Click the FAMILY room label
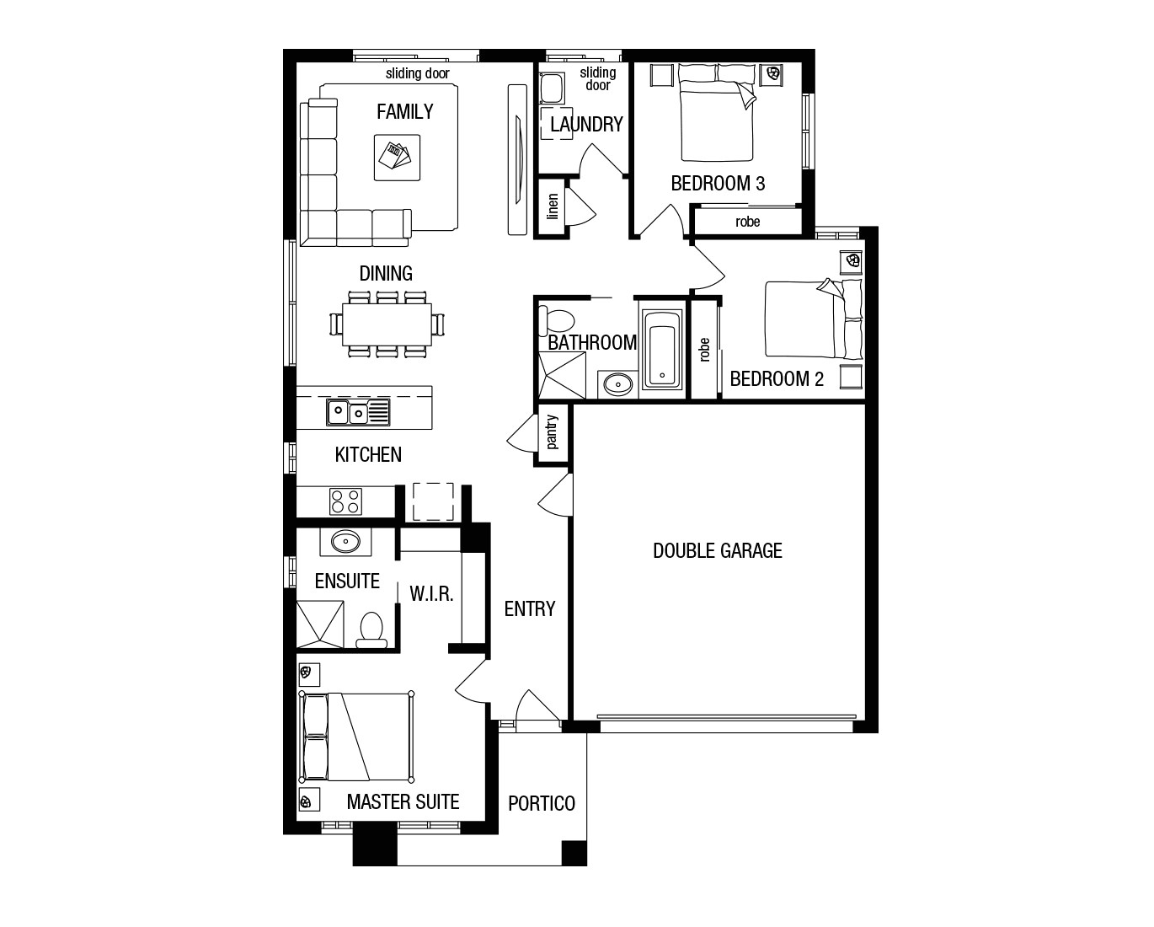point(405,111)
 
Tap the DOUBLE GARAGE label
point(718,551)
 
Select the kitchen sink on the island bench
point(358,412)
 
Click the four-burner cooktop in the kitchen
point(345,501)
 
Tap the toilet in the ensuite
point(371,629)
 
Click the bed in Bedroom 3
point(716,119)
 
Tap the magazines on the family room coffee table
point(396,156)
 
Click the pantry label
point(553,431)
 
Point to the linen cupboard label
point(553,207)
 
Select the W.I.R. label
point(431,593)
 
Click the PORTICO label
point(542,803)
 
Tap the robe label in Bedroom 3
point(747,222)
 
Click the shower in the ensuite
point(320,624)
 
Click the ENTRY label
point(529,608)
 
